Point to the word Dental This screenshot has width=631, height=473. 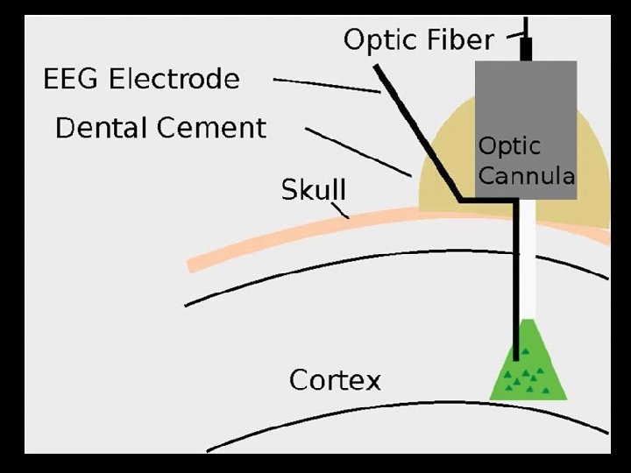tap(97, 128)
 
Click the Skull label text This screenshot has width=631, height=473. tap(313, 189)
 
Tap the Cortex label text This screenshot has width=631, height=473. tap(335, 381)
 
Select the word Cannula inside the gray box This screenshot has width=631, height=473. tap(526, 175)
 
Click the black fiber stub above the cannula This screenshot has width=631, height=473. tap(526, 48)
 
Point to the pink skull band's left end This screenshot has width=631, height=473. tap(195, 264)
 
